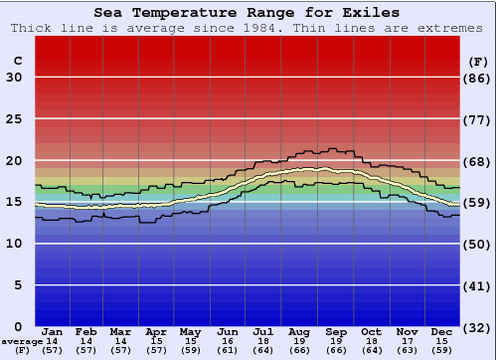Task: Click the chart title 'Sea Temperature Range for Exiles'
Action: pos(248,13)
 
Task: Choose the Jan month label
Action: pos(53,331)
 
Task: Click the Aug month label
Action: pos(298,331)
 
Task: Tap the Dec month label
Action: pos(442,331)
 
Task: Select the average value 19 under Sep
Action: pos(336,341)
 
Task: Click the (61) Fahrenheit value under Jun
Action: pos(228,350)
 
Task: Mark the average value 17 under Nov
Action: pos(407,341)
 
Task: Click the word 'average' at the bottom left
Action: pos(21,341)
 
